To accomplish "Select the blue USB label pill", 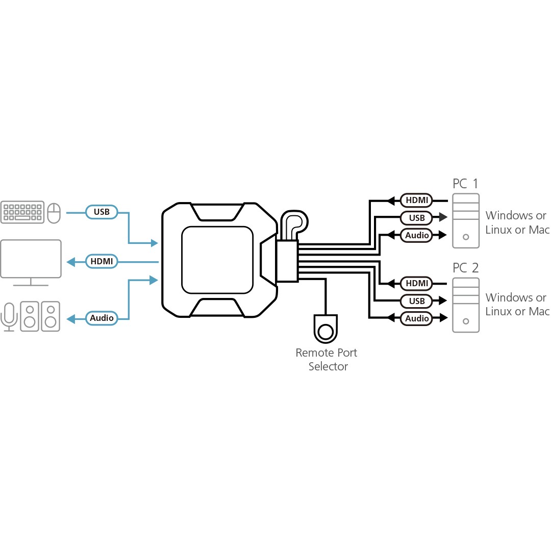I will click(102, 212).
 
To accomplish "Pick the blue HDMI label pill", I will click(102, 262).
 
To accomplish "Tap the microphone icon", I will click(9, 317).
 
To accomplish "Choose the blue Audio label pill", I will click(102, 318).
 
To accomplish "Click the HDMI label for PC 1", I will click(416, 200).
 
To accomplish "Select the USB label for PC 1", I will click(416, 218).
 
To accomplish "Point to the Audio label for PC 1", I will click(417, 235).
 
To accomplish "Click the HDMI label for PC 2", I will click(416, 283).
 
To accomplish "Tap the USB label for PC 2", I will click(416, 301).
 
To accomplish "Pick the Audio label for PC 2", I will click(417, 318).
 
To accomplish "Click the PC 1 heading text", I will click(465, 184).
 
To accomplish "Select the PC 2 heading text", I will click(465, 268).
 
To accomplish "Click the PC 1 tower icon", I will click(466, 221).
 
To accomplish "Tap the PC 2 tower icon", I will click(466, 305).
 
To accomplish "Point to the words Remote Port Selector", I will click(327, 360).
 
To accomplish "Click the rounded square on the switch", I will click(217, 260).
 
